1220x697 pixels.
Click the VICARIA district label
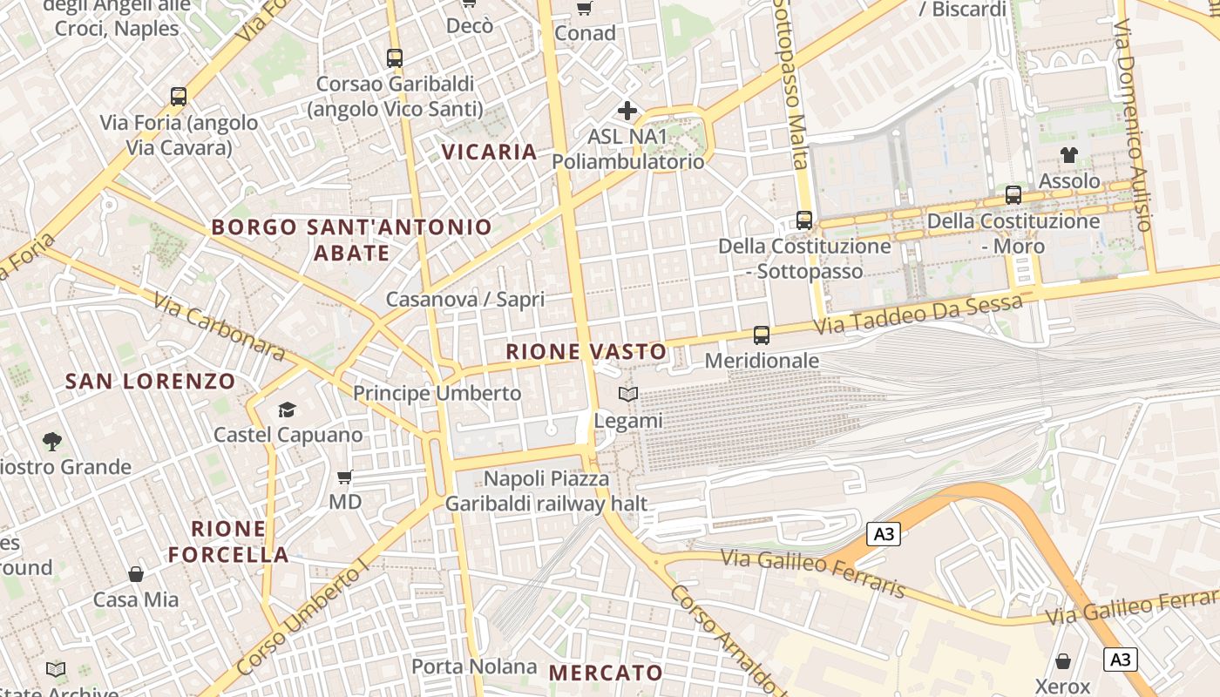click(x=489, y=152)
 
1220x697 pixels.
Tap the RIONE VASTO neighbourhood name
click(x=586, y=352)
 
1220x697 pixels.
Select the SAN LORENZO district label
click(x=151, y=382)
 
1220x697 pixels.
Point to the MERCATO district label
click(x=606, y=673)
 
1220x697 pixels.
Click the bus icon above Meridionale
click(x=762, y=335)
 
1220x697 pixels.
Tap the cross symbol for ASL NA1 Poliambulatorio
click(x=627, y=111)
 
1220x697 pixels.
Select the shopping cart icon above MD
click(x=345, y=477)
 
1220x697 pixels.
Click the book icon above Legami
click(x=628, y=395)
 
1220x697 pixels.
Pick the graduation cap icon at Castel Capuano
click(x=287, y=409)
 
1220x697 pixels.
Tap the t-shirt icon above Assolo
click(x=1069, y=155)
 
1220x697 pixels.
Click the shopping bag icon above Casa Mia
click(x=136, y=574)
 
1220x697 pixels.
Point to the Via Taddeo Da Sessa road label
click(x=918, y=315)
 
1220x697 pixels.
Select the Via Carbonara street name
click(x=220, y=327)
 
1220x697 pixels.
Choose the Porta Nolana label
click(x=474, y=667)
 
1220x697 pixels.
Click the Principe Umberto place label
click(x=437, y=393)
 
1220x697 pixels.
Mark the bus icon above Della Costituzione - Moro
click(x=1013, y=195)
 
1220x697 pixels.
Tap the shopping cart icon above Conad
click(x=584, y=9)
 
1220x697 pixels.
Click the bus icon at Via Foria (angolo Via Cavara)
click(x=179, y=97)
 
